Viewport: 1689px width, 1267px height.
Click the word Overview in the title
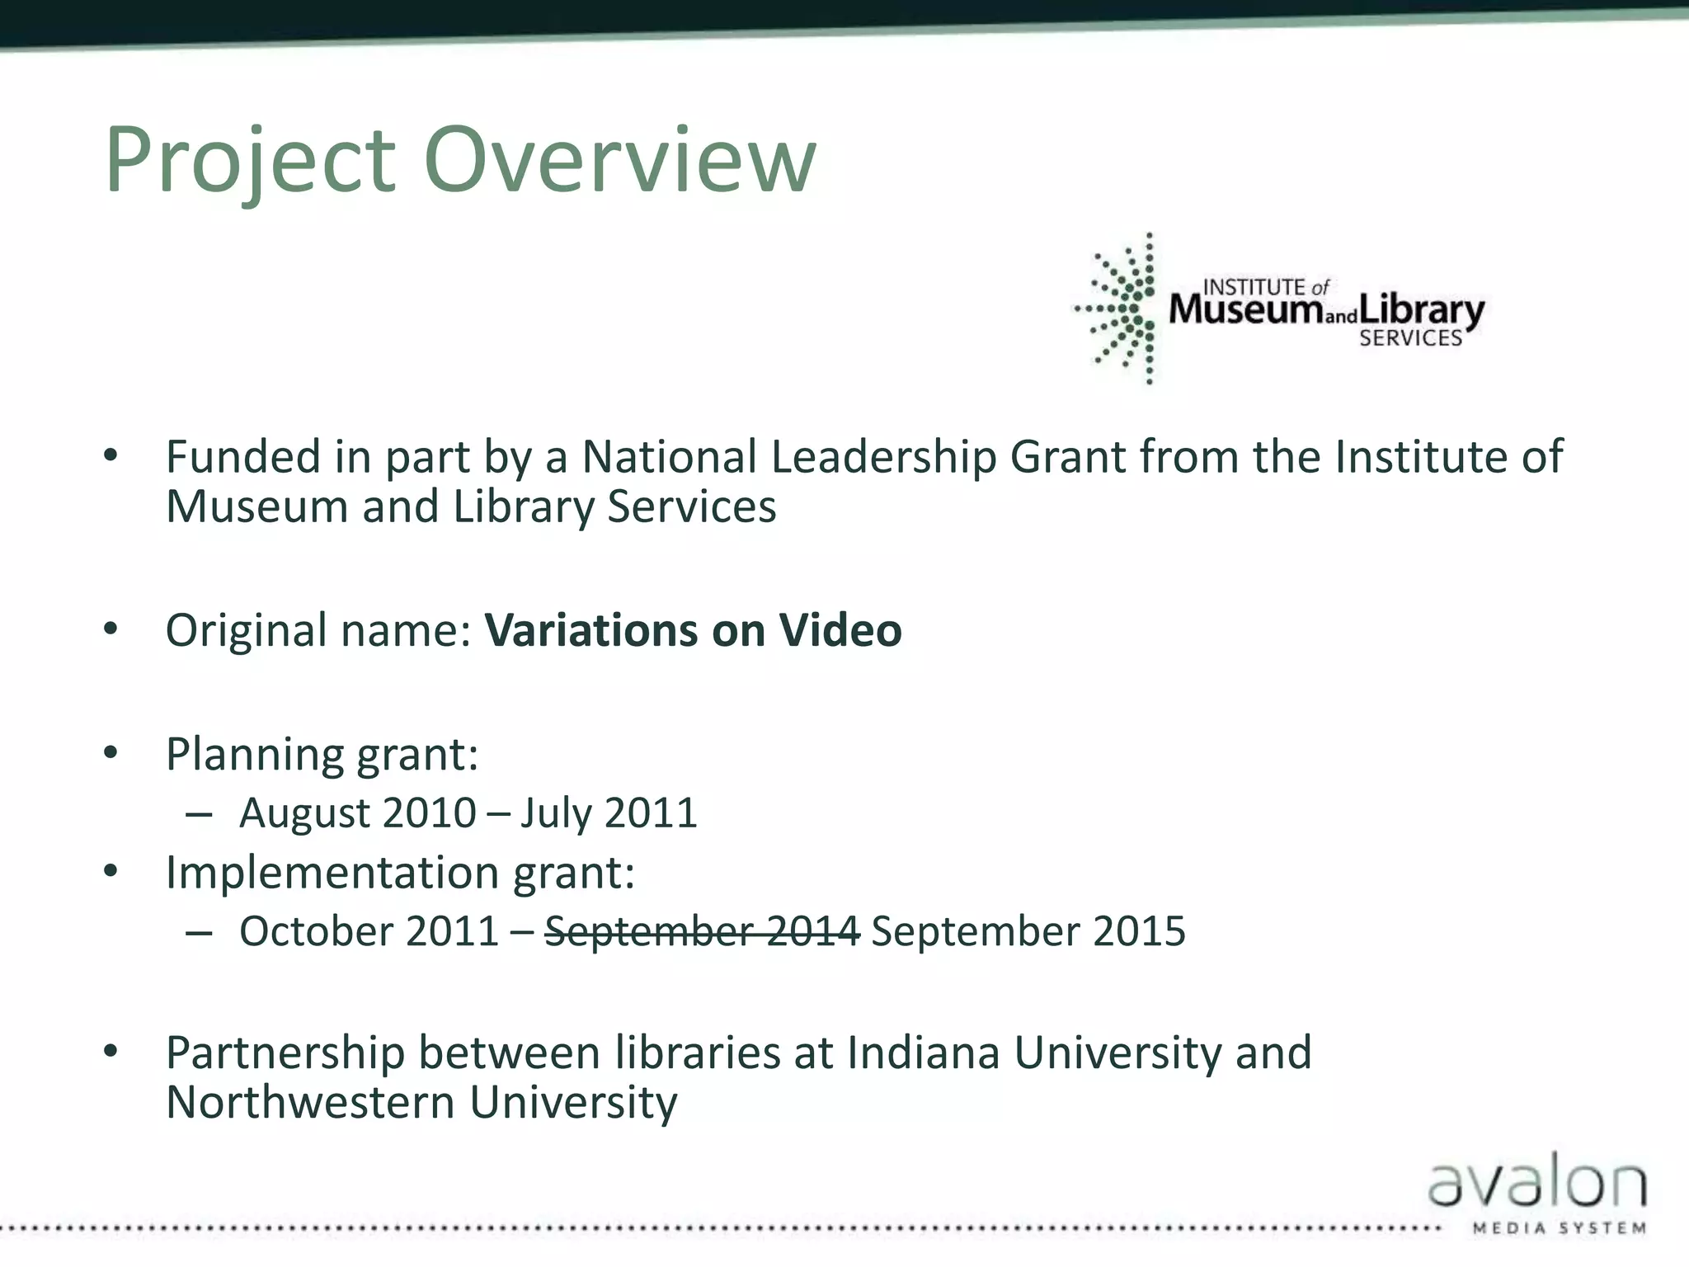(619, 161)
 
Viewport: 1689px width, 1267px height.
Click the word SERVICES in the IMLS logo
(1410, 338)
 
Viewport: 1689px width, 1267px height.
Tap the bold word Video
(840, 631)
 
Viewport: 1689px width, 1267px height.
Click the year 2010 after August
(429, 813)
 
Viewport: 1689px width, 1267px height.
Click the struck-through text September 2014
(702, 932)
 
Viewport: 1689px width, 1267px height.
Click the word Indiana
(923, 1053)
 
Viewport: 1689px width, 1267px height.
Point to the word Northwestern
(310, 1103)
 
